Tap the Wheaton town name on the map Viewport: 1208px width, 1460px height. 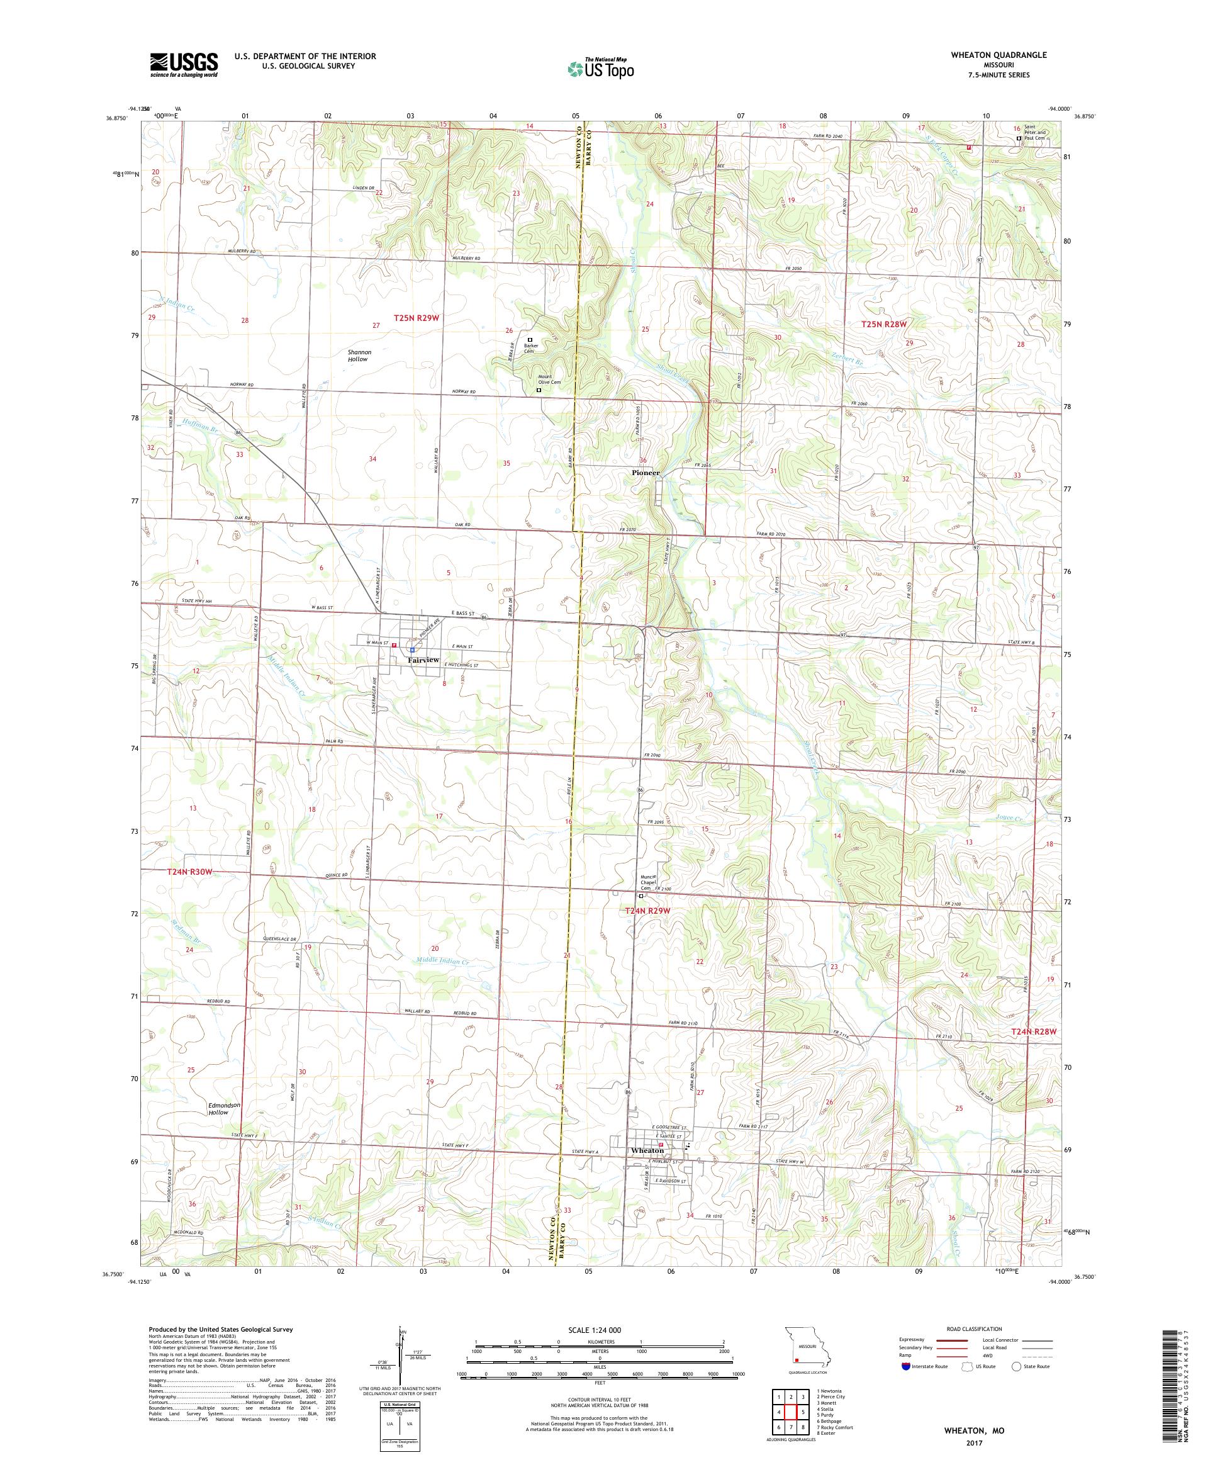pyautogui.click(x=646, y=1150)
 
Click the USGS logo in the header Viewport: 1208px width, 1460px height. pyautogui.click(x=184, y=65)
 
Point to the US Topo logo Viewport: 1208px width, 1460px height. pyautogui.click(x=601, y=68)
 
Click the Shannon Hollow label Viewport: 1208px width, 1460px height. pyautogui.click(x=359, y=356)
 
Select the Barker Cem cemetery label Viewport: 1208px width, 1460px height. pyautogui.click(x=532, y=348)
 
